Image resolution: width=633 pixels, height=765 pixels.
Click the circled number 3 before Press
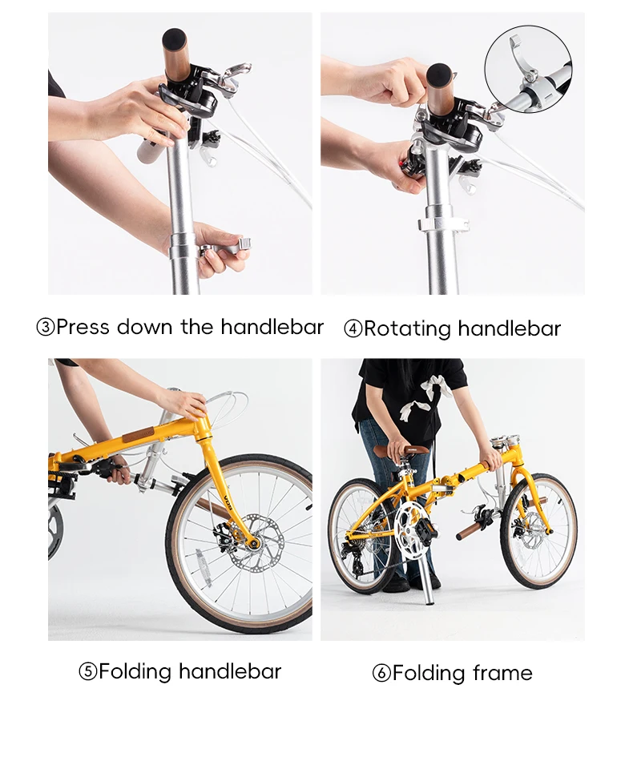click(x=46, y=328)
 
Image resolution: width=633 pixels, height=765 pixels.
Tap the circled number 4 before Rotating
click(x=353, y=329)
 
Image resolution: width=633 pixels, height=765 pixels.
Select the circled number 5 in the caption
click(x=87, y=671)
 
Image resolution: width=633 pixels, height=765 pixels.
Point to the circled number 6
click(x=381, y=674)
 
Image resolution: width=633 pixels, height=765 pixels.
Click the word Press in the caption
click(x=83, y=327)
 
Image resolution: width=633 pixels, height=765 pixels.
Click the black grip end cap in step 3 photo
click(x=174, y=38)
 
